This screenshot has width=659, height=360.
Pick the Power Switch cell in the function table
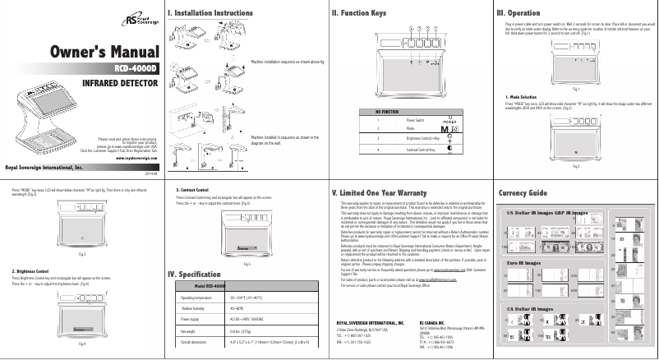[x=416, y=120]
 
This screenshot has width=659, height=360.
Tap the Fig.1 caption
[x=576, y=88]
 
